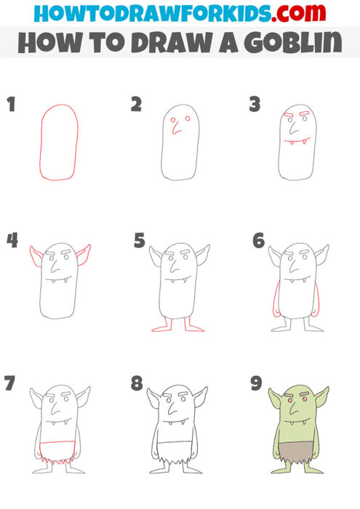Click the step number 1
(x=10, y=105)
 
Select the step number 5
(x=140, y=241)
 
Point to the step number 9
(x=256, y=383)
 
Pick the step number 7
(x=10, y=383)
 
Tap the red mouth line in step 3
(x=297, y=140)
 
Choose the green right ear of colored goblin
(x=321, y=398)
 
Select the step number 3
(x=255, y=105)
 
